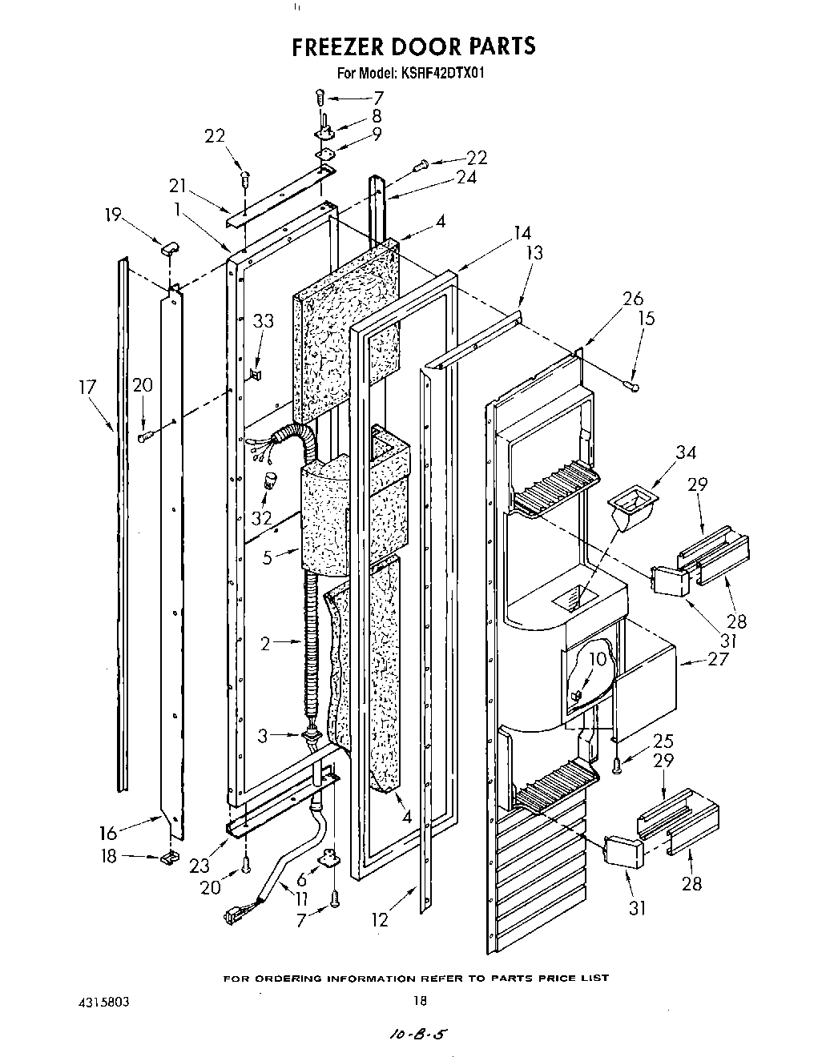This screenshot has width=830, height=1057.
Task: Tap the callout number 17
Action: click(x=88, y=388)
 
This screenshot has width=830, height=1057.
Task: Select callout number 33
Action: click(x=263, y=322)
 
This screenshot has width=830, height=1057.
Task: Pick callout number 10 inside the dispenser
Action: click(x=598, y=659)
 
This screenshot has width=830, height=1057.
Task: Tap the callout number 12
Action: click(x=380, y=920)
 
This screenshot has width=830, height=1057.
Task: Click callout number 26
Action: click(x=633, y=299)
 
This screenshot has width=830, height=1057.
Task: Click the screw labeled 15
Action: click(x=633, y=387)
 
